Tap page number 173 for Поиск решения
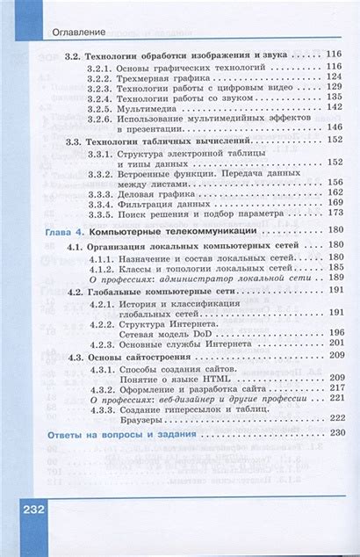coord(334,213)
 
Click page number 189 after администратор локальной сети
coord(334,279)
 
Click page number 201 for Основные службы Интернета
coord(334,344)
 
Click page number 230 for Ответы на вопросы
coord(334,435)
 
